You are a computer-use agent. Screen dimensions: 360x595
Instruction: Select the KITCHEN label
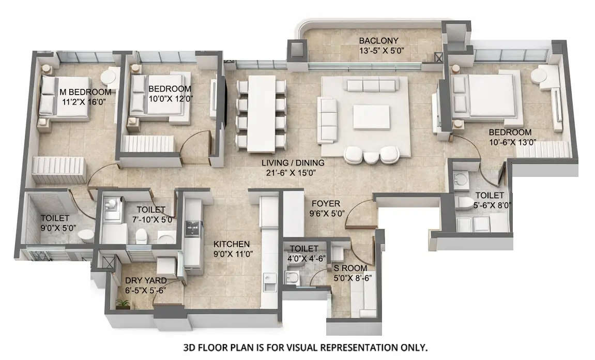(x=232, y=244)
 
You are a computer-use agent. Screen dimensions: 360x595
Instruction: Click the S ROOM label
(x=350, y=268)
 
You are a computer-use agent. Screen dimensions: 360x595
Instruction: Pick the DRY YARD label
(x=146, y=281)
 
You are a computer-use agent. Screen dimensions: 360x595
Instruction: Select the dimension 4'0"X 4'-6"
(x=307, y=258)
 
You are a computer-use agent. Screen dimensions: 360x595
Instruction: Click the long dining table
(x=261, y=114)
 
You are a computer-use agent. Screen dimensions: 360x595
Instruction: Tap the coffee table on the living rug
(x=372, y=117)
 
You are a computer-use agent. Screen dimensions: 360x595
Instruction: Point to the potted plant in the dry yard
(x=123, y=304)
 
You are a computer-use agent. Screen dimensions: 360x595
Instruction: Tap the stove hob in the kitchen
(x=193, y=227)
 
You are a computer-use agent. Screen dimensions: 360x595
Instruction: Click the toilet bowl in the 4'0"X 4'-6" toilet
(x=291, y=276)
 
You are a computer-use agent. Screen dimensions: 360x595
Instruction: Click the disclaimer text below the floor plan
(x=306, y=348)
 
